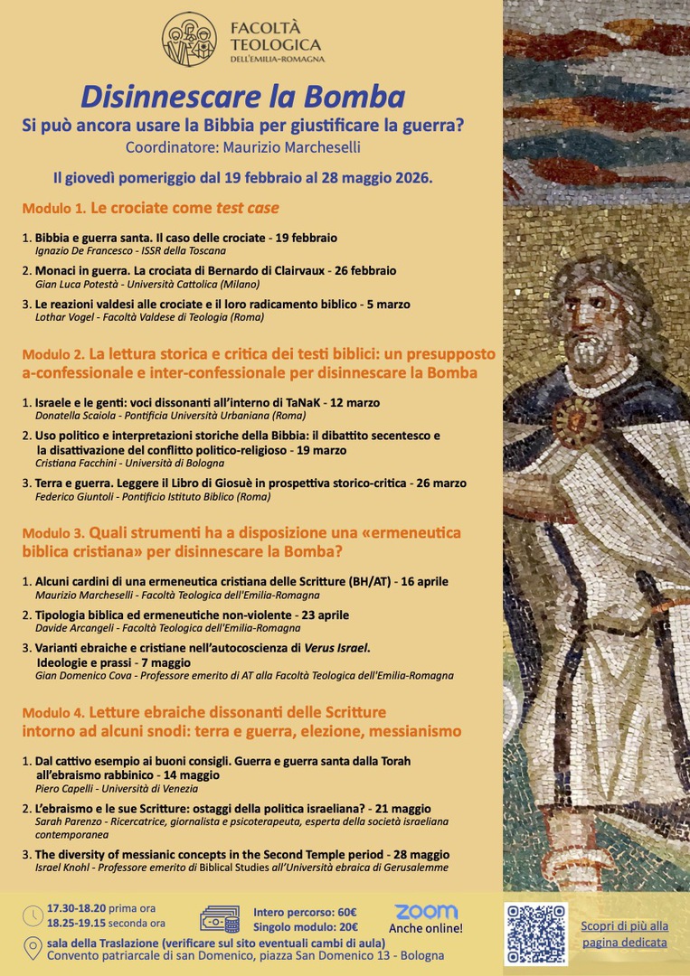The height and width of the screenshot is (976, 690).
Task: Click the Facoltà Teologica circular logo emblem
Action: coord(189,39)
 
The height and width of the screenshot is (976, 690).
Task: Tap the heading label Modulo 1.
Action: coord(53,209)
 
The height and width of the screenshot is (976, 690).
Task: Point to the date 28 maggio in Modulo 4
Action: coord(421,854)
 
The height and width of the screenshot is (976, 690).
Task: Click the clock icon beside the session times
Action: coord(33,915)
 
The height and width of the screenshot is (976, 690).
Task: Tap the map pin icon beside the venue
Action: coord(33,949)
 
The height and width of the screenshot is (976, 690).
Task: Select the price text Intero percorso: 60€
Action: coord(305,912)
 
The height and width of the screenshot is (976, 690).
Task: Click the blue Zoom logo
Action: coord(426,912)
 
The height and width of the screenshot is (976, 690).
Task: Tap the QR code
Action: coord(535,934)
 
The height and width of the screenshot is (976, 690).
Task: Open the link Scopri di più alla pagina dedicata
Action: coord(624,934)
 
